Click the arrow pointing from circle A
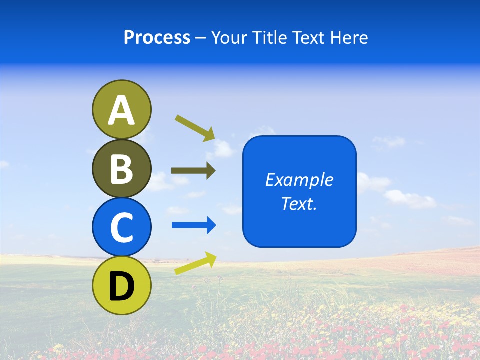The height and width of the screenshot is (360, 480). pyautogui.click(x=194, y=128)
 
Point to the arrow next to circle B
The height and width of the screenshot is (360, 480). pyautogui.click(x=193, y=171)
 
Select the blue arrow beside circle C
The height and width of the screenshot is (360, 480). pyautogui.click(x=194, y=225)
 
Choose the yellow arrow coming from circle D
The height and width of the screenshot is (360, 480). pyautogui.click(x=195, y=263)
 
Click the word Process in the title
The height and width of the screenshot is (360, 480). pyautogui.click(x=157, y=38)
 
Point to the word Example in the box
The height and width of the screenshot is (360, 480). pyautogui.click(x=299, y=180)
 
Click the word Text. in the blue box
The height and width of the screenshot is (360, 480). pyautogui.click(x=299, y=203)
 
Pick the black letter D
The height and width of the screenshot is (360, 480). pyautogui.click(x=121, y=286)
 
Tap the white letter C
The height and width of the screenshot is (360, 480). pyautogui.click(x=121, y=227)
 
